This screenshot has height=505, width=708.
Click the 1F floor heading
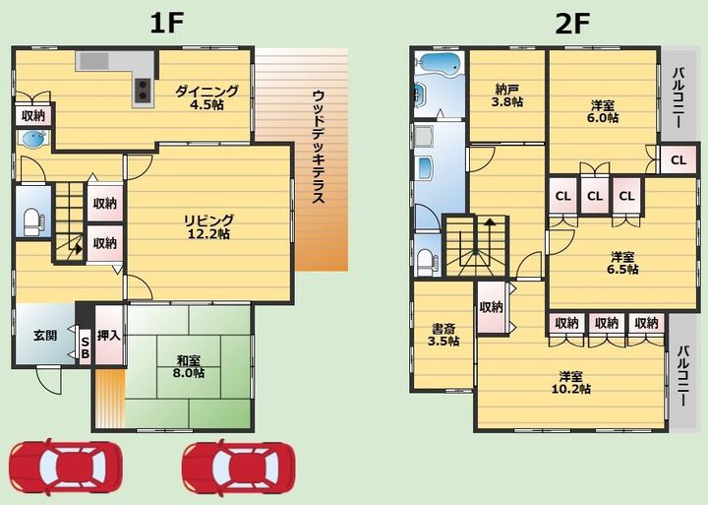click(x=166, y=24)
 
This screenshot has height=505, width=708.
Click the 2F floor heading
click(x=572, y=24)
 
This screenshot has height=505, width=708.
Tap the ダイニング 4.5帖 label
click(x=206, y=97)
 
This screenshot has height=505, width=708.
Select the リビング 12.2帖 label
click(x=208, y=226)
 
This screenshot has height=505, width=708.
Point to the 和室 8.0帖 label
click(x=189, y=366)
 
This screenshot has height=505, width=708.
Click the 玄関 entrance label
click(x=45, y=336)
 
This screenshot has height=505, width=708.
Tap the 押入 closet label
click(x=109, y=336)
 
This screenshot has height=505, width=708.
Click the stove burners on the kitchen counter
click(x=144, y=90)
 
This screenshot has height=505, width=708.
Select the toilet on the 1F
click(x=32, y=221)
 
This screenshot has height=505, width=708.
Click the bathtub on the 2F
click(x=438, y=63)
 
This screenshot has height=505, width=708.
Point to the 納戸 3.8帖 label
click(x=507, y=95)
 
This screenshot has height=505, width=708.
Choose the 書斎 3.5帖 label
click(x=443, y=335)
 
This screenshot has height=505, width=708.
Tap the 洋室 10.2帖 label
click(x=571, y=382)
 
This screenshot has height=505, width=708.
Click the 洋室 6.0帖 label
click(x=603, y=111)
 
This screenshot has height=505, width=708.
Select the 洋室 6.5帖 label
click(x=622, y=263)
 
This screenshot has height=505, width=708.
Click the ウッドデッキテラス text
click(x=319, y=146)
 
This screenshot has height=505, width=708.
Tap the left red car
click(x=66, y=467)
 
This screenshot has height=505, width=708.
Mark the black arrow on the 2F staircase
click(x=489, y=221)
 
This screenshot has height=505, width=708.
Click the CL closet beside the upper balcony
click(x=678, y=160)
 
